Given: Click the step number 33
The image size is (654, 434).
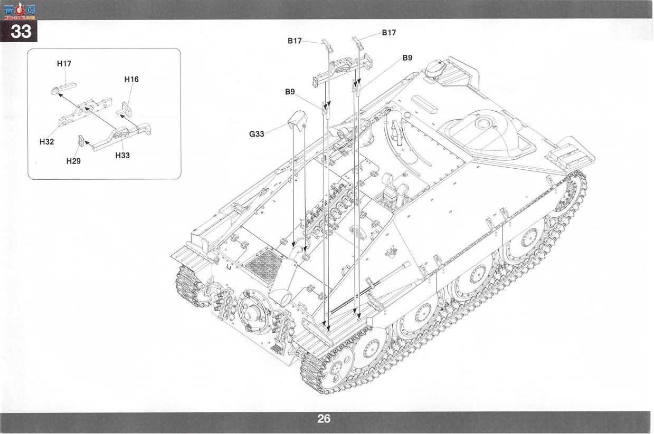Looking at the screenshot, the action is coord(21,32).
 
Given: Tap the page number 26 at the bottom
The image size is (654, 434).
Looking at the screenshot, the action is coord(324,419).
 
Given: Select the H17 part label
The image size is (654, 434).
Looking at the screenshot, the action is coord(64,64).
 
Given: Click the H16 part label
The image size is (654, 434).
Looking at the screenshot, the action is coord(131,79).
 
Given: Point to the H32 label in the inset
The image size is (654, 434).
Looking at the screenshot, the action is coord(46,142).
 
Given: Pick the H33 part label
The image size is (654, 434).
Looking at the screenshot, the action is coord(122,155).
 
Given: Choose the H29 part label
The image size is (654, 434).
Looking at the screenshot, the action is coord(73,161).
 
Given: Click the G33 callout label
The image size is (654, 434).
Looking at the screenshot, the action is coord(257,134).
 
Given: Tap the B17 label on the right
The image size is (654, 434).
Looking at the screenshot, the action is coord(389,33).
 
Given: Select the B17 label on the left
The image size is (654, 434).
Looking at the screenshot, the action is coord(295,41).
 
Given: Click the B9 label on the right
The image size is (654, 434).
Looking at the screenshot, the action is coord(407,58).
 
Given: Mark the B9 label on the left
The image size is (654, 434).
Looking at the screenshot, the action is coord(290,92).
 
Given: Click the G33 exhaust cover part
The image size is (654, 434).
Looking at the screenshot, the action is coord(297,120).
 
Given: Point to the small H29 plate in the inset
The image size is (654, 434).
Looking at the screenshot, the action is coord(81,140).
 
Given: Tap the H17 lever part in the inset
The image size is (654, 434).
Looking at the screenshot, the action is coord(63,88).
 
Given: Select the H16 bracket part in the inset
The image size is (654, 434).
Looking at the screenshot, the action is coord(125,109).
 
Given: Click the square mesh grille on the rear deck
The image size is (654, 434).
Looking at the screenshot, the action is coord(263,266).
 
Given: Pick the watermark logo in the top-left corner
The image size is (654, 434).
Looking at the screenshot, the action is coord(20,11).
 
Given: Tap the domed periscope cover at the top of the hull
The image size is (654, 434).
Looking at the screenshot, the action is coord(435,69).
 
